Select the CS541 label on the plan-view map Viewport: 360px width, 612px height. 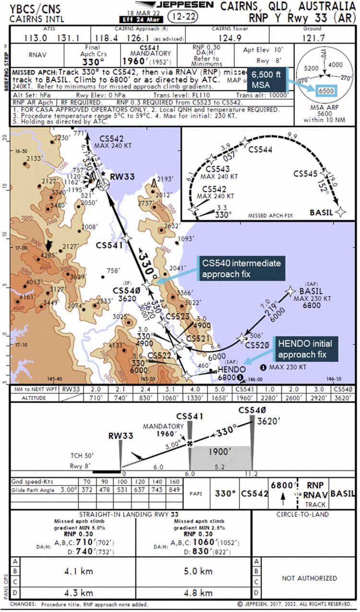[x=110, y=245]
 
